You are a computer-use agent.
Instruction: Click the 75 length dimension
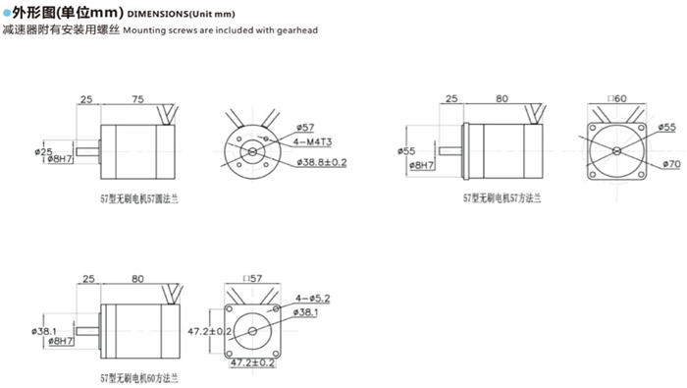(x=137, y=98)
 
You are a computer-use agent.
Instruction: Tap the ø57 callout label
(x=305, y=128)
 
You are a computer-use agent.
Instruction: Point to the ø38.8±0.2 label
(x=320, y=161)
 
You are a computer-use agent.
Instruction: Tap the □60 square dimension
(x=616, y=99)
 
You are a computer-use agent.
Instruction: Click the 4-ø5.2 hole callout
(x=313, y=298)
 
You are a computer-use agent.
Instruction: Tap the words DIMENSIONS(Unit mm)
(x=184, y=13)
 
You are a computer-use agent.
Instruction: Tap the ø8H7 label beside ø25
(x=61, y=158)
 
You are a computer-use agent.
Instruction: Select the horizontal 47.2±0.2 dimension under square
(x=251, y=363)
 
